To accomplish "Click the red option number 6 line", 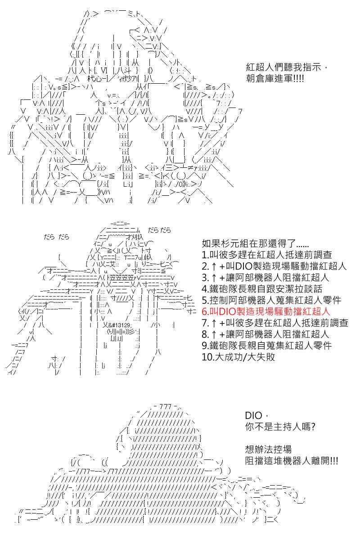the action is point(265,311).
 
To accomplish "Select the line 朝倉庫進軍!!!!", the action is point(274,78).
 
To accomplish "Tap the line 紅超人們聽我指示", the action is point(286,67).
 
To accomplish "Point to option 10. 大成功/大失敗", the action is point(238,357).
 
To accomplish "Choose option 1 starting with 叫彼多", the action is point(267,255).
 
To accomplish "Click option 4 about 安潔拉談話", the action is point(262,289).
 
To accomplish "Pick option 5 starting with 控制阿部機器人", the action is point(271,300).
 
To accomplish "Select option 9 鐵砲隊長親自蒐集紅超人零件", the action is point(267,346).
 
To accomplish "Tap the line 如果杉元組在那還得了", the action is point(255,244).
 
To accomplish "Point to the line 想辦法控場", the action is point(268,450).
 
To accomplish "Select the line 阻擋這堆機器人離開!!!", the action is point(292,461).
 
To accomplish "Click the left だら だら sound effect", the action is point(56,237).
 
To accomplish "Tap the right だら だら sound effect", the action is point(159,230).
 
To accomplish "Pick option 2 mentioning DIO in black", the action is point(274,266).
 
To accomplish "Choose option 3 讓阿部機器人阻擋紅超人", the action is point(265,278).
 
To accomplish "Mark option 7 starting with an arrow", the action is point(275,323).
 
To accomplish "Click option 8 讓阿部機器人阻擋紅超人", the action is point(265,334).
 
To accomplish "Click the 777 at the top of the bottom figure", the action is point(165,407).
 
